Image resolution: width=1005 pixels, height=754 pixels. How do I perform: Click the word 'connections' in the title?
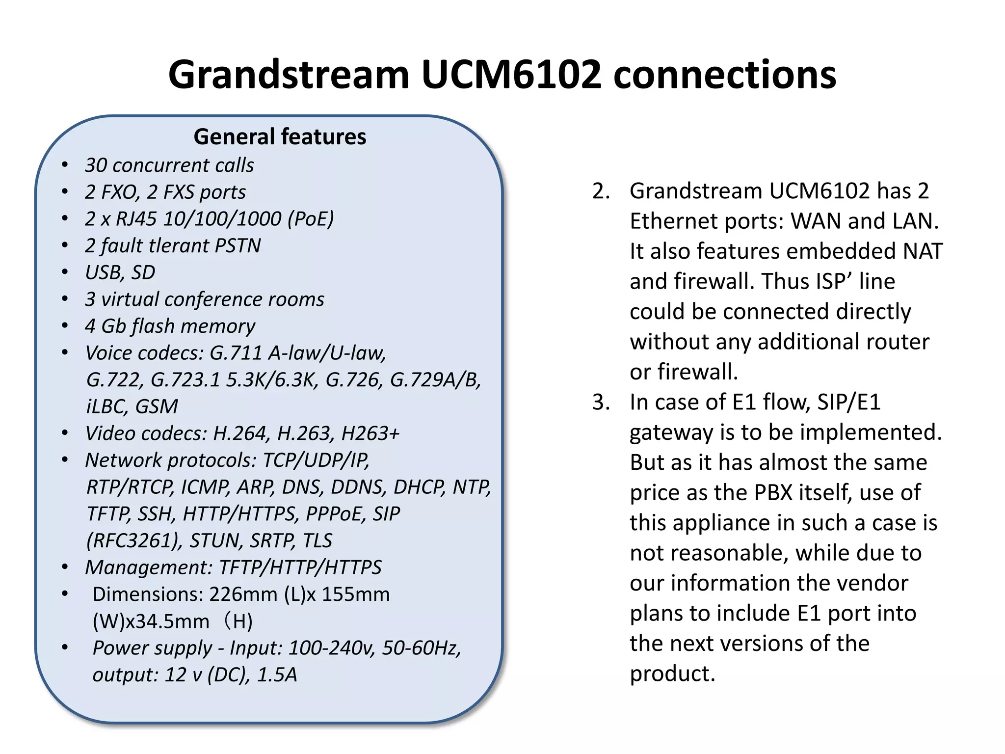725,75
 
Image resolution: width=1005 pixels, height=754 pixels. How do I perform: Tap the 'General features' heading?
280,136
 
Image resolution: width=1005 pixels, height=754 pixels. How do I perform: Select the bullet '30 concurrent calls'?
169,165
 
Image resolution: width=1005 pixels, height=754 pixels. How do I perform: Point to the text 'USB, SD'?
120,272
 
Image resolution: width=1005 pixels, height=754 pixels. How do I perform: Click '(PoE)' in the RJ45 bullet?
311,219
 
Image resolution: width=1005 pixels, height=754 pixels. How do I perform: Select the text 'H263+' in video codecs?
370,433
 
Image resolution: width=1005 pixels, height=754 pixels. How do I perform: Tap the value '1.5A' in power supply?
277,675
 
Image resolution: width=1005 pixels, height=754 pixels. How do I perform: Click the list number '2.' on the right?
601,191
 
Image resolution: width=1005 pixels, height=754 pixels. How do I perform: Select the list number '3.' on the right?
601,402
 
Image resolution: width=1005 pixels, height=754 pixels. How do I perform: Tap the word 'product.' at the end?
672,673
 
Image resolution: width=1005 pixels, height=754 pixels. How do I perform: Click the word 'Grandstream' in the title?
289,75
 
